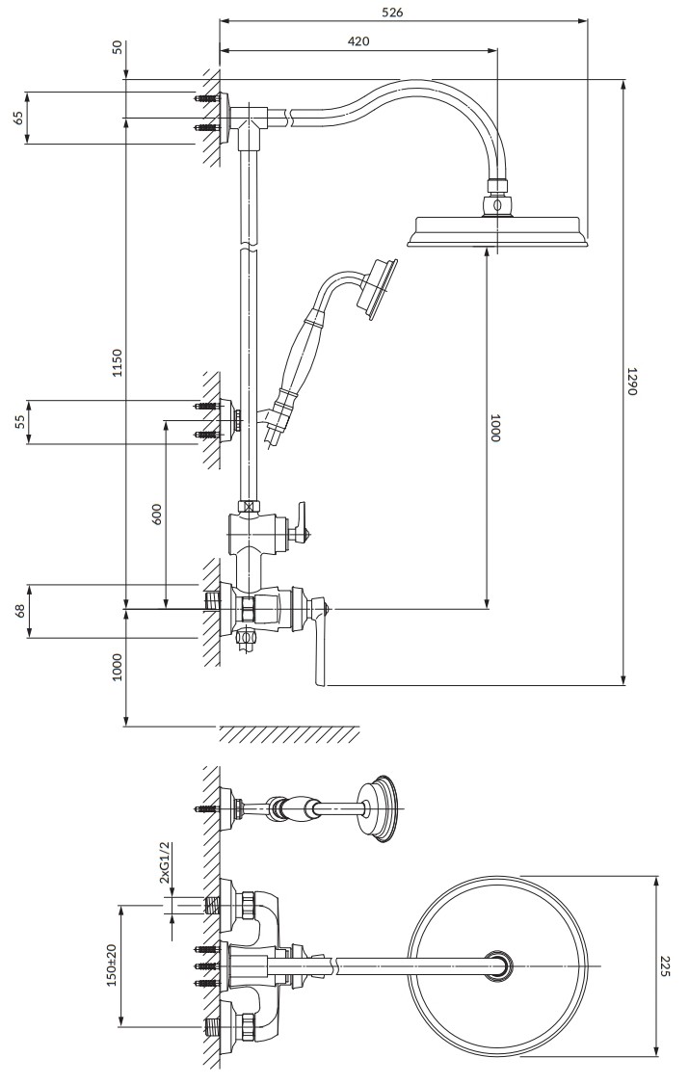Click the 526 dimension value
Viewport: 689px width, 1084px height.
tap(392, 12)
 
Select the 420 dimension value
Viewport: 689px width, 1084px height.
tap(358, 41)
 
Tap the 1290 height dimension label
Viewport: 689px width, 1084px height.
tap(631, 381)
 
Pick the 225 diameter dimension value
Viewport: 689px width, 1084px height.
tap(665, 965)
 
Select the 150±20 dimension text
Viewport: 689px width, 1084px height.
tap(113, 965)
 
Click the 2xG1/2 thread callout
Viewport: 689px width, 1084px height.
tap(164, 862)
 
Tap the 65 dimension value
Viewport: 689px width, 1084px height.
tap(18, 117)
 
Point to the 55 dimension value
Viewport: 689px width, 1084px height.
tap(19, 421)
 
